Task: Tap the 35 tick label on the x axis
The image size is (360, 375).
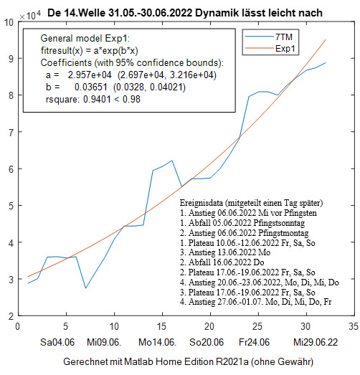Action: (354, 326)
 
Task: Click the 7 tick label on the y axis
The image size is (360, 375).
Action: (11, 132)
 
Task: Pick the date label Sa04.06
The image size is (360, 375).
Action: (57, 342)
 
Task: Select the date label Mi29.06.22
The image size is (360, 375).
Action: (316, 342)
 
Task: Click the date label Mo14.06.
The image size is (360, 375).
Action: (157, 342)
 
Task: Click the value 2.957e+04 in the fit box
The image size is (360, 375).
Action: (90, 75)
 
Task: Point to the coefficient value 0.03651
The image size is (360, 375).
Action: (91, 87)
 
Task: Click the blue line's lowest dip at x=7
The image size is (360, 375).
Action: (85, 288)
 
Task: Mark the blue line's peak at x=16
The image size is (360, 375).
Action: (171, 161)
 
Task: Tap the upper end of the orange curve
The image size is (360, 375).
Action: (326, 39)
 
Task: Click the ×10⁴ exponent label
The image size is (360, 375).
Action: (29, 15)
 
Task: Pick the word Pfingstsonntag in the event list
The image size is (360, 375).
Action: (279, 223)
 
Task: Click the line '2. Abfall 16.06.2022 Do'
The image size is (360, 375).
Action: (222, 262)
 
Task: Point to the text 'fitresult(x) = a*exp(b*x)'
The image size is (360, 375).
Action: (89, 51)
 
